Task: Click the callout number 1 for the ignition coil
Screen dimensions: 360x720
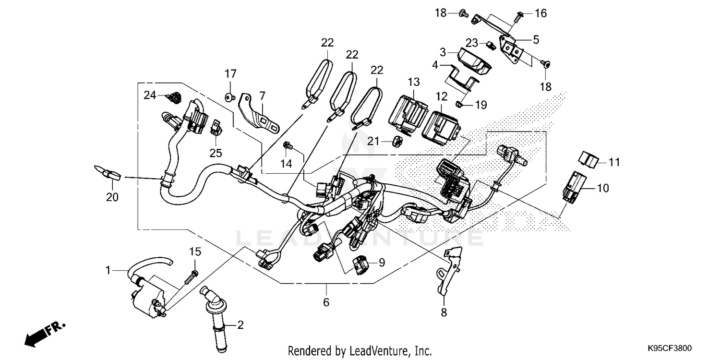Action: coord(109,271)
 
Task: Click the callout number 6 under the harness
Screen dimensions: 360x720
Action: coord(326,302)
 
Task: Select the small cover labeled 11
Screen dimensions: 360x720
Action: coord(588,158)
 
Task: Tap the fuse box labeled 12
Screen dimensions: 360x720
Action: coord(441,125)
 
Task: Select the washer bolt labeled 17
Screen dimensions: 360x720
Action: coord(229,98)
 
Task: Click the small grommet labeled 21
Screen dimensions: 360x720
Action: coord(396,141)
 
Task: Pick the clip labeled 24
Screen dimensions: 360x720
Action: coord(173,97)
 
